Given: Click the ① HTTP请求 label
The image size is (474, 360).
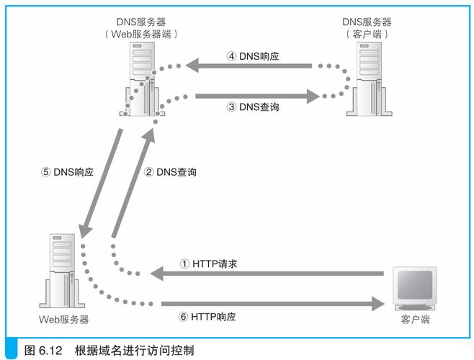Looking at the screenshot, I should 209,264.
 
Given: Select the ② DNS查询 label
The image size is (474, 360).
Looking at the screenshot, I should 171,172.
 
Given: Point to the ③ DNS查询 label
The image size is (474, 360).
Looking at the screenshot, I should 252,107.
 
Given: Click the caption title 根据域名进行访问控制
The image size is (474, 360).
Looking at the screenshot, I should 134,351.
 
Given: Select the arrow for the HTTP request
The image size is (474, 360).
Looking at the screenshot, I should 267,274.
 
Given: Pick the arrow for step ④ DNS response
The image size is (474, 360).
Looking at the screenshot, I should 249,66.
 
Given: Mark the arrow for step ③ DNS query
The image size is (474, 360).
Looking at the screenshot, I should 256,94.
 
